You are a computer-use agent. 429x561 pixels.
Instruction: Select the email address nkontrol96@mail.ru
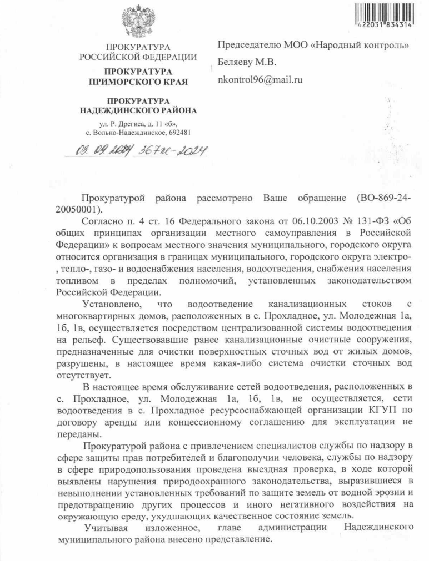[260, 80]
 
